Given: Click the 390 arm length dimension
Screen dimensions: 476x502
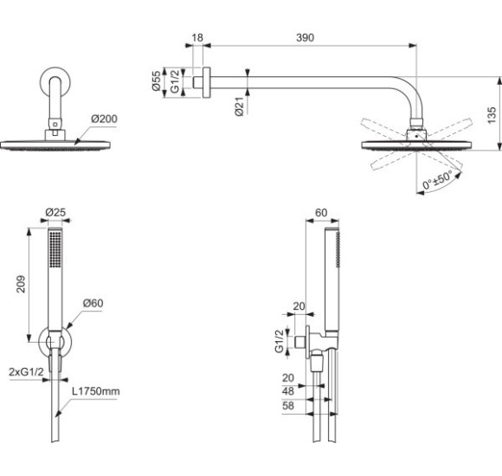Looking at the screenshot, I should (x=304, y=38).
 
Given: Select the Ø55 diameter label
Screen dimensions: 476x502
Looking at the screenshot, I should (x=157, y=82).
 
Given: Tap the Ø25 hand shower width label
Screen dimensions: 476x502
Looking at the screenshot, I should (x=55, y=212).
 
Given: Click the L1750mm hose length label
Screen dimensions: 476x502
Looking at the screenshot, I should (x=96, y=392).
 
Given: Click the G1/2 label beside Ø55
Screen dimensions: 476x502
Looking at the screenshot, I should (x=174, y=82).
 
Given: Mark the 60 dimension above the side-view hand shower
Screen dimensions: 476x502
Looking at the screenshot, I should (x=322, y=212).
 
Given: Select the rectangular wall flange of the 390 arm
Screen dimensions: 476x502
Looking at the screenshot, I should (x=205, y=82).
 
